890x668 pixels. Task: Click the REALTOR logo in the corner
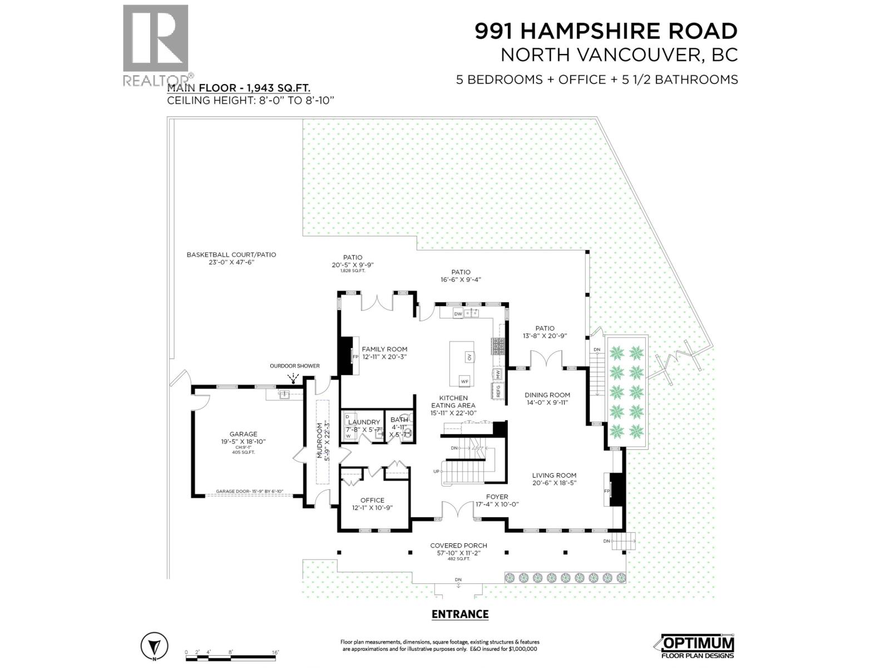pyautogui.click(x=156, y=45)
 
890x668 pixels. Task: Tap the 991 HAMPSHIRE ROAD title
pyautogui.click(x=606, y=31)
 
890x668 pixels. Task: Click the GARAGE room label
pyautogui.click(x=243, y=434)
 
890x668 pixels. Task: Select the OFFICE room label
pyautogui.click(x=372, y=500)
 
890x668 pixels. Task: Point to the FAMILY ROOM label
pyautogui.click(x=384, y=349)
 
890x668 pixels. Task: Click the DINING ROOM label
pyautogui.click(x=547, y=395)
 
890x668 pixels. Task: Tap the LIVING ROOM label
pyautogui.click(x=553, y=475)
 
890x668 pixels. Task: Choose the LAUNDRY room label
pyautogui.click(x=364, y=423)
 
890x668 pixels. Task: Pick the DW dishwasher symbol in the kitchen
pyautogui.click(x=458, y=314)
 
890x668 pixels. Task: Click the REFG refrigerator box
pyautogui.click(x=498, y=391)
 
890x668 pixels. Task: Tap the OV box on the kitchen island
pyautogui.click(x=469, y=357)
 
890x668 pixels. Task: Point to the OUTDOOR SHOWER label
pyautogui.click(x=295, y=366)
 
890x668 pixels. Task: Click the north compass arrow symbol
pyautogui.click(x=155, y=647)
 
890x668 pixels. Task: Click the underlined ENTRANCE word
pyautogui.click(x=460, y=614)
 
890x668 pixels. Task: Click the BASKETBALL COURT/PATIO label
pyautogui.click(x=231, y=254)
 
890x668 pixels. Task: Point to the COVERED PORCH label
pyautogui.click(x=458, y=546)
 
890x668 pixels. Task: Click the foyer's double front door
pyautogui.click(x=458, y=509)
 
